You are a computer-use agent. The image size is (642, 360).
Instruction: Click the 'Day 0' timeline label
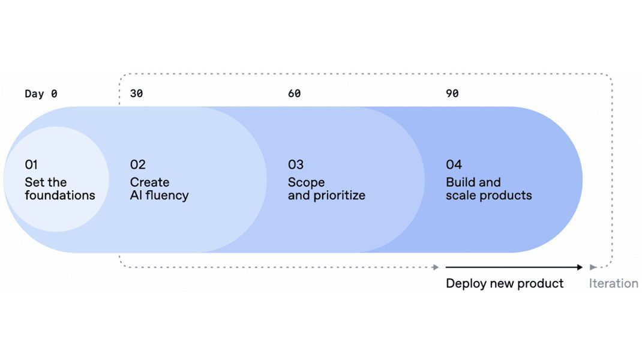click(41, 94)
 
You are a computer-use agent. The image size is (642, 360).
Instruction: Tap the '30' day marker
click(136, 94)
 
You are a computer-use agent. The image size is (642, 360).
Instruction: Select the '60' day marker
click(294, 94)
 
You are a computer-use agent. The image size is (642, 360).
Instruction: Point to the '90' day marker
click(452, 94)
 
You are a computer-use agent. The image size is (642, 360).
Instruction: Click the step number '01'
click(31, 164)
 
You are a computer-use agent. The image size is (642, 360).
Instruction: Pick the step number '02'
click(137, 164)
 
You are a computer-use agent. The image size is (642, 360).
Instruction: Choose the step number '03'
click(296, 164)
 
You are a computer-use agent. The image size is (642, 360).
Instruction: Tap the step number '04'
click(454, 164)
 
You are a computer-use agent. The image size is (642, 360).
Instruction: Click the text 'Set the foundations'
click(59, 189)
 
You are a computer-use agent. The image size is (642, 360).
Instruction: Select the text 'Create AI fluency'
click(159, 189)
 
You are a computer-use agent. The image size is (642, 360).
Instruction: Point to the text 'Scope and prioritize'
click(326, 189)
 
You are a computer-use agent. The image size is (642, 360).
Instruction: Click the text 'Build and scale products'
click(488, 189)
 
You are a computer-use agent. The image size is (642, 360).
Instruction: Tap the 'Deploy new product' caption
click(504, 283)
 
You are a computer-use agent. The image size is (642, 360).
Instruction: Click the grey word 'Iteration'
click(613, 283)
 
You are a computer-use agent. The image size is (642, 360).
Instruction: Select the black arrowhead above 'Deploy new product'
click(579, 267)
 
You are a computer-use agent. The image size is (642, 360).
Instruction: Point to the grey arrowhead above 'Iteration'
click(593, 267)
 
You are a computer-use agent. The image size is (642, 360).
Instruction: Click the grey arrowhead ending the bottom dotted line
click(436, 267)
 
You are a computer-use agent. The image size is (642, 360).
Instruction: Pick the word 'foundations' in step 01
click(59, 196)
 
